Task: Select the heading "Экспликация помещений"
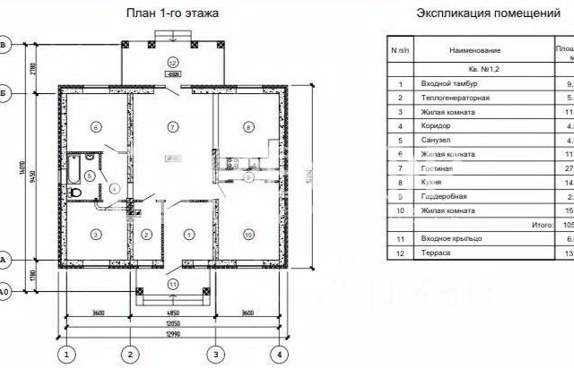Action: (482, 13)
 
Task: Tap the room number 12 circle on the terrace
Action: (172, 62)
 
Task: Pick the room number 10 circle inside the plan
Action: (248, 234)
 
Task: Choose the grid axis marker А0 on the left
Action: (4, 292)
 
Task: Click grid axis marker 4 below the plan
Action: (281, 354)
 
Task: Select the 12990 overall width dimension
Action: (174, 333)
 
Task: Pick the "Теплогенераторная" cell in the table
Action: (456, 97)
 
